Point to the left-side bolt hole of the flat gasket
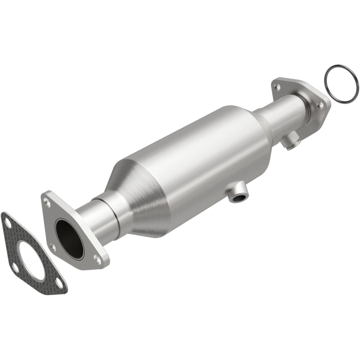[15, 269]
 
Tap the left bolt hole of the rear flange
[276, 85]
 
